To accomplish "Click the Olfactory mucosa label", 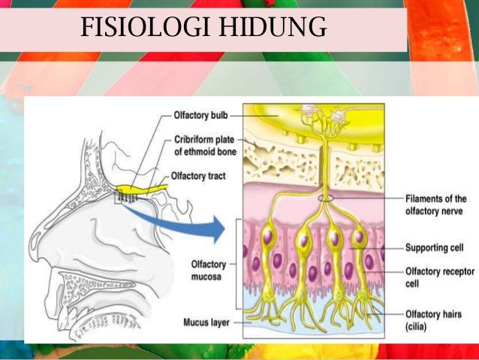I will pos(204,270).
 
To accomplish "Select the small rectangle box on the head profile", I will pos(119,199).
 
